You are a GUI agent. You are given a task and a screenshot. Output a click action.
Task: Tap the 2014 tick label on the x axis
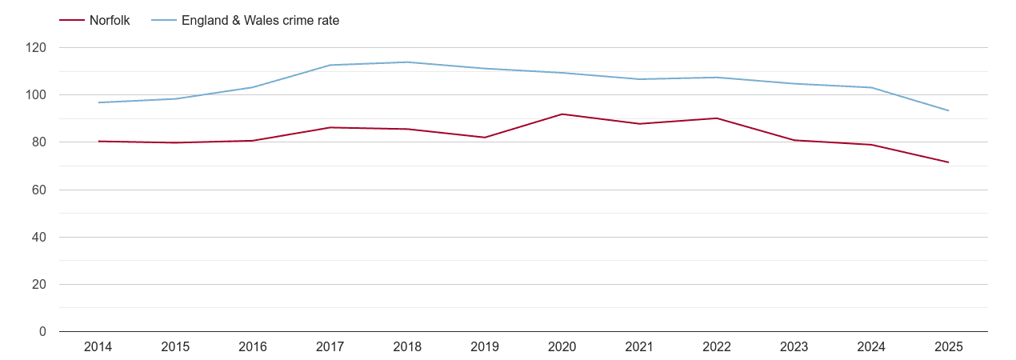pos(98,347)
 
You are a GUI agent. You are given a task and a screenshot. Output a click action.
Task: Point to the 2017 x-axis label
pos(330,347)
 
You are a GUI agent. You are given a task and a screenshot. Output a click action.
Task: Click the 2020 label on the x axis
pos(562,347)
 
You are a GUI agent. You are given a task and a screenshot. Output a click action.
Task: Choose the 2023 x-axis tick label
pos(794,347)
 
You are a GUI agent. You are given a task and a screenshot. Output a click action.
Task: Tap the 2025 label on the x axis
pos(948,347)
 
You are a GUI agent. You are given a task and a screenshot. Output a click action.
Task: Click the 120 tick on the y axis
pos(36,48)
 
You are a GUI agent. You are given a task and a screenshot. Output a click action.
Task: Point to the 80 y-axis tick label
pos(39,142)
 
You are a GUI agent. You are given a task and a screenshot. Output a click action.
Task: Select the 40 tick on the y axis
pos(39,238)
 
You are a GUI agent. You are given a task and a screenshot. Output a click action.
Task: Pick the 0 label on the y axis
pos(42,332)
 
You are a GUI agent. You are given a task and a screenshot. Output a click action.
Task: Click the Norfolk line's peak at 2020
pos(562,114)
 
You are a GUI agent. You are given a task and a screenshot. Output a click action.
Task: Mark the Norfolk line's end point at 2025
pos(948,162)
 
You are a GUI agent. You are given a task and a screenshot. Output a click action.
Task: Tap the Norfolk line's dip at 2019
pos(485,138)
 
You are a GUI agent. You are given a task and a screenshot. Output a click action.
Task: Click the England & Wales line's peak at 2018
pos(407,62)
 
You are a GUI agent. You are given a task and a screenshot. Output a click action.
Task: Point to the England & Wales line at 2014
pos(98,102)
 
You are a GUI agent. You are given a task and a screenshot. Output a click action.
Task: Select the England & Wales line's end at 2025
pos(948,110)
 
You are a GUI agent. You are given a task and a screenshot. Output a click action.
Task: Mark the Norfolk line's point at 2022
pos(717,118)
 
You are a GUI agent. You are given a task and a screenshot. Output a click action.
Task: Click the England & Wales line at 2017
pos(330,65)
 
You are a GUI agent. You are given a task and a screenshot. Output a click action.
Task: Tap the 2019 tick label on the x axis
pos(485,347)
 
